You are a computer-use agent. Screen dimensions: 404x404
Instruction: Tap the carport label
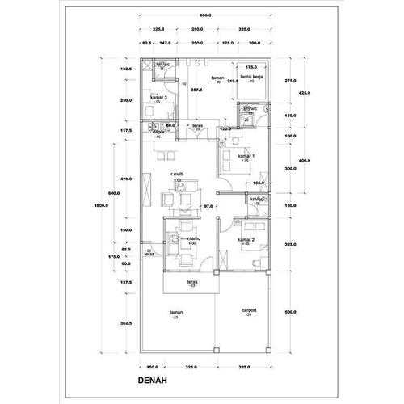[x=249, y=309]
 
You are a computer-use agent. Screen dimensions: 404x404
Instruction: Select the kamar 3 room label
[x=158, y=97]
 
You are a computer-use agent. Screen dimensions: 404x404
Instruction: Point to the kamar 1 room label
[x=247, y=156]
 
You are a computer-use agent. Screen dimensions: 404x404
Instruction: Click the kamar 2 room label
[x=247, y=240]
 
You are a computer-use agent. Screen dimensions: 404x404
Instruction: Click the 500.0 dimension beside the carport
[x=291, y=311]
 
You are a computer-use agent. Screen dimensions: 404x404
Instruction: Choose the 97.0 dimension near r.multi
[x=208, y=207]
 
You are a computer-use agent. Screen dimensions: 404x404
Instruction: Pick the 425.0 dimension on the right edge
[x=305, y=93]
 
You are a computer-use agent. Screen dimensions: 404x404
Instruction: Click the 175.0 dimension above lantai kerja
[x=250, y=68]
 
